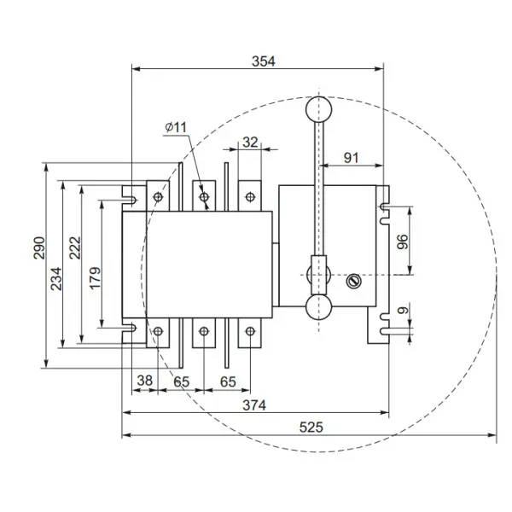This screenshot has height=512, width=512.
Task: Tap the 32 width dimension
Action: (x=249, y=143)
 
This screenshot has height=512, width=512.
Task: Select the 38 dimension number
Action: (x=145, y=381)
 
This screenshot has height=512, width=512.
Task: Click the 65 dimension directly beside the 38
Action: (x=182, y=381)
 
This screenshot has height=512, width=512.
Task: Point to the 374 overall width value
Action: (x=253, y=405)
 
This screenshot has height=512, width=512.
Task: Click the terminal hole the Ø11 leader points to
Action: (x=204, y=198)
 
